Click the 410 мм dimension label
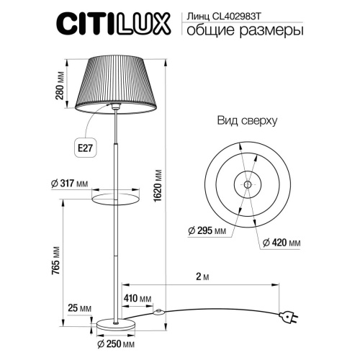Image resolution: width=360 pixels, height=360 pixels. click(x=137, y=298)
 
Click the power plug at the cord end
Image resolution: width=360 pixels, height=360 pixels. click(x=292, y=318)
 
